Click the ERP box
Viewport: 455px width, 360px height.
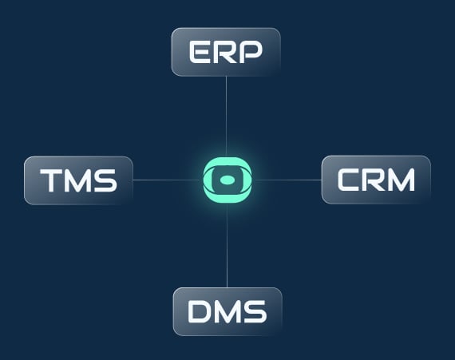point(226,52)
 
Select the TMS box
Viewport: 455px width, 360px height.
point(79,180)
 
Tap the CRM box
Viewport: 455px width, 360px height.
point(376,180)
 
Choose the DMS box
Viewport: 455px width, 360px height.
point(227,311)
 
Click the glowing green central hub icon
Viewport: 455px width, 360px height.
point(227,180)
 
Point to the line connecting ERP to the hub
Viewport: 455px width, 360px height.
point(227,117)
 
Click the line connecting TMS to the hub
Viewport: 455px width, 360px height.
point(168,180)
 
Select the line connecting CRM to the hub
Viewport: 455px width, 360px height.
point(287,180)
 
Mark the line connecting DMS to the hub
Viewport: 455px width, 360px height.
point(227,245)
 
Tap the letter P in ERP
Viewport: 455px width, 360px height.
point(251,52)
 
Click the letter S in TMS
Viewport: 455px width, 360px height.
point(105,180)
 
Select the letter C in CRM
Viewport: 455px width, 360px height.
point(349,180)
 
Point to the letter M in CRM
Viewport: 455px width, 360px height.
point(401,180)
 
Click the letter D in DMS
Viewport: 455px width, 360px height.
point(200,311)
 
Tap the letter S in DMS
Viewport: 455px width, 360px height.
point(255,311)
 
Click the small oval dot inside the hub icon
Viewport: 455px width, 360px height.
point(227,180)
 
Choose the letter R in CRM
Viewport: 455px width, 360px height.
point(373,180)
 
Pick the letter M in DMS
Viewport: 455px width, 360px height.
point(227,311)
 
